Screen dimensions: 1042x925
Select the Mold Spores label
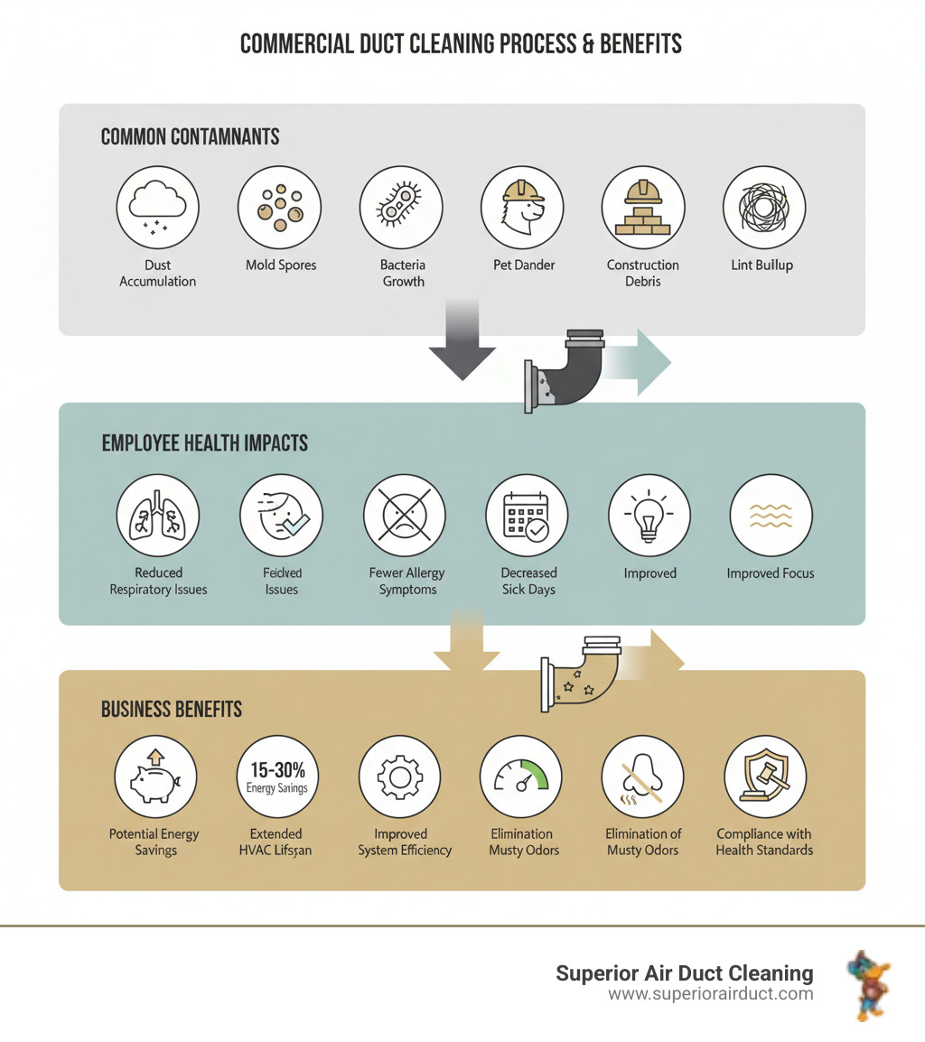click(281, 265)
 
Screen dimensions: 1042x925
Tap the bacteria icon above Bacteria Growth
click(400, 208)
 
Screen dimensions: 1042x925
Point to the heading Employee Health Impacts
click(204, 443)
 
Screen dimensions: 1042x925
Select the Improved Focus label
click(770, 573)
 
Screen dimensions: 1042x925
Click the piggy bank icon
click(155, 777)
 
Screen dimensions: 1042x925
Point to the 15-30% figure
click(277, 770)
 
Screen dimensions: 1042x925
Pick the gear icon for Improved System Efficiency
click(399, 777)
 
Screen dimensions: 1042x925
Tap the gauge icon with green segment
click(522, 777)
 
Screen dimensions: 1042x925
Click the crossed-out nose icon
click(643, 777)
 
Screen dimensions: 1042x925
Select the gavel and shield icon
click(764, 777)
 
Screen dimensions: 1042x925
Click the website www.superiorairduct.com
click(710, 994)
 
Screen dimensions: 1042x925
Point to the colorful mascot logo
click(869, 983)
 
